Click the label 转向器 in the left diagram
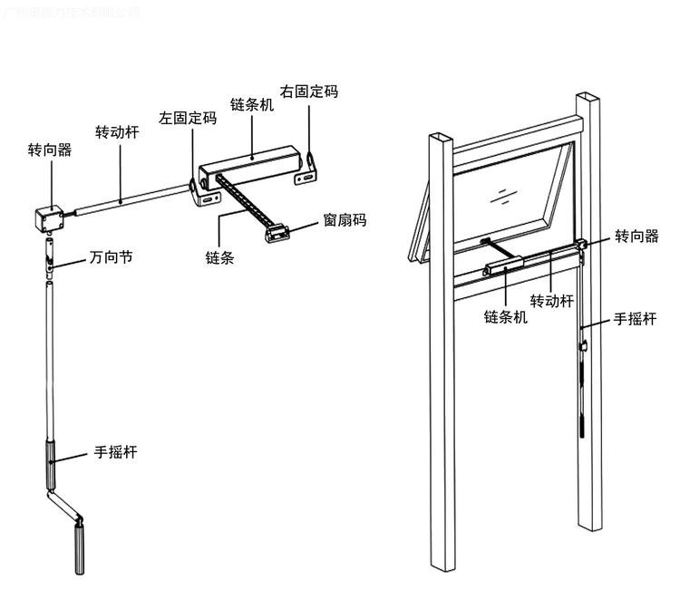[x=49, y=149]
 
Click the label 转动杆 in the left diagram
[x=117, y=131]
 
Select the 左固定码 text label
[x=188, y=119]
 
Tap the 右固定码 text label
[x=308, y=92]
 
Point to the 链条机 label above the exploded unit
[x=251, y=105]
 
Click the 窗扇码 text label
[x=345, y=220]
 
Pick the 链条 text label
[x=220, y=257]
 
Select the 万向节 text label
[x=112, y=257]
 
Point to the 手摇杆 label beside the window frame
[x=636, y=318]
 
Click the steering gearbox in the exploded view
[x=49, y=217]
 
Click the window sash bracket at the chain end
[x=276, y=235]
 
